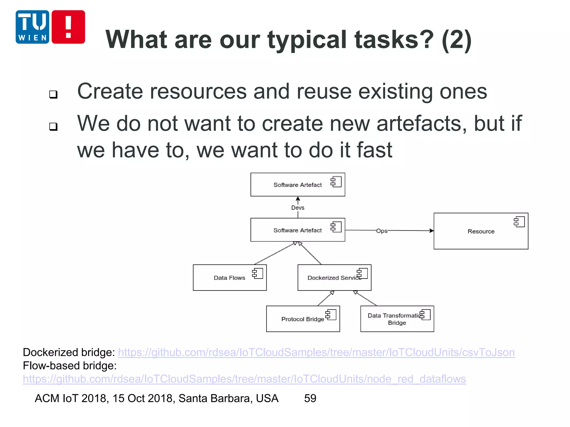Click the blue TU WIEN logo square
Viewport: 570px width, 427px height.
tap(32, 27)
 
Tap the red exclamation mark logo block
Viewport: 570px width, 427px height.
tap(68, 27)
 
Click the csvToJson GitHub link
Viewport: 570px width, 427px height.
tap(316, 352)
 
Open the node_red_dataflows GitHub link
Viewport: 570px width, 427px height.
tap(244, 379)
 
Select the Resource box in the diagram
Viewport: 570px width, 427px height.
tap(481, 231)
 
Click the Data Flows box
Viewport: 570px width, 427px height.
tap(230, 278)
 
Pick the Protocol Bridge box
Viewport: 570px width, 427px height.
tap(303, 319)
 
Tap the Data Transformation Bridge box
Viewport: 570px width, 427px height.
tap(397, 319)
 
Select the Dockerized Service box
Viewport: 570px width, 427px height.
tap(334, 278)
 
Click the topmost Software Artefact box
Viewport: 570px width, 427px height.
tap(298, 185)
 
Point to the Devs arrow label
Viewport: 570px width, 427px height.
tap(298, 208)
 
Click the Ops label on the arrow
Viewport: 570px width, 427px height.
tap(382, 231)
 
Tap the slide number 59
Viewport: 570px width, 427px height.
tap(310, 398)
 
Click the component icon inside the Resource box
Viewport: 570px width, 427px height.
tap(519, 222)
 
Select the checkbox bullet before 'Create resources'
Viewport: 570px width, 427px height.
tap(53, 95)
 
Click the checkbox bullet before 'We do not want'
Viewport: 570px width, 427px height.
tap(53, 127)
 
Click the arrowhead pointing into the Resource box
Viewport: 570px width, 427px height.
tap(431, 231)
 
